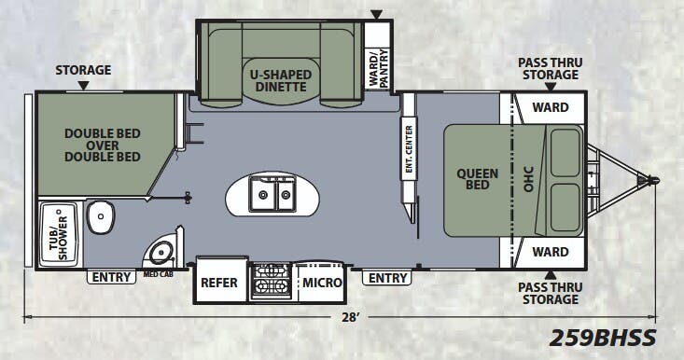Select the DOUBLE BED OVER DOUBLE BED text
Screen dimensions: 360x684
(102, 145)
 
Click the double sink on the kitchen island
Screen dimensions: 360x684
(272, 196)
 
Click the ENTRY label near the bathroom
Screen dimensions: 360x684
(111, 277)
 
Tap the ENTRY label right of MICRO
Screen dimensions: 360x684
(387, 278)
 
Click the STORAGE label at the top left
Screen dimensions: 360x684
(83, 70)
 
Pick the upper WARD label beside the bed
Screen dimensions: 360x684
(551, 107)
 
